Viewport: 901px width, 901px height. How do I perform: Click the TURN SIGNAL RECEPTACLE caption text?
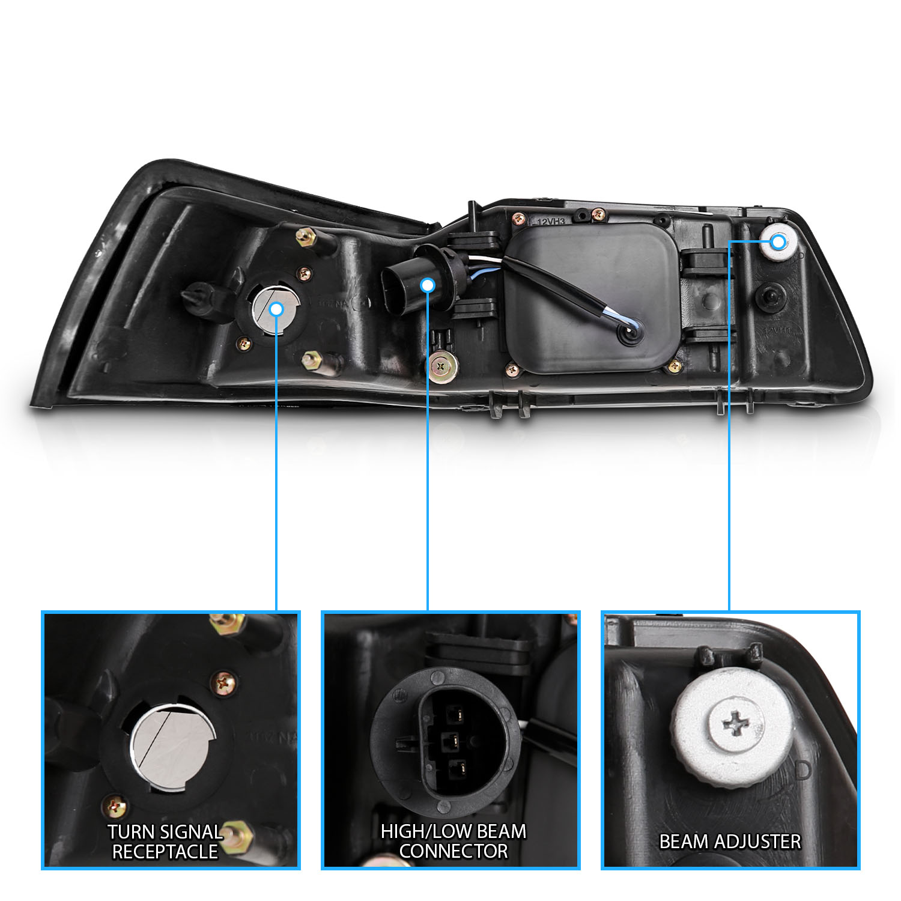165,842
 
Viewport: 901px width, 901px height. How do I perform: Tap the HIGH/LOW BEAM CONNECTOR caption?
454,841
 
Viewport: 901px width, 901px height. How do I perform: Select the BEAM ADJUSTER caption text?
730,842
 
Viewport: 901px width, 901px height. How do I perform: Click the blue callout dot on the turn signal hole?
276,309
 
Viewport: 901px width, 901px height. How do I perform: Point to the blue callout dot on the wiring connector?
428,285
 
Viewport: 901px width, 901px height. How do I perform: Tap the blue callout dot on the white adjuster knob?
778,242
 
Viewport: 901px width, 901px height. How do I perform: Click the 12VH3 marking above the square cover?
551,221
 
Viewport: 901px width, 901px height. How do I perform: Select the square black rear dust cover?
592,299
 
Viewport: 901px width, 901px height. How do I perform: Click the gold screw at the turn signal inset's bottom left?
116,805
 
